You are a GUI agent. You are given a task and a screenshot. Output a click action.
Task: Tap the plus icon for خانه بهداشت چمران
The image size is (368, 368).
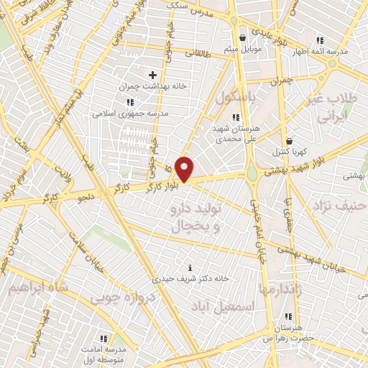click(x=152, y=75)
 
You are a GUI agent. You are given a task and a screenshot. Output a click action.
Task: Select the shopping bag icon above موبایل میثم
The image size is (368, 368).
click(x=243, y=37)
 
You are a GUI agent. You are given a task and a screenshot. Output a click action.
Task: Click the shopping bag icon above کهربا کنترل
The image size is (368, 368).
click(x=289, y=142)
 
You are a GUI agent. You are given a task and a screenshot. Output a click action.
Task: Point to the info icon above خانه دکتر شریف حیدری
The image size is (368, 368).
click(x=190, y=267)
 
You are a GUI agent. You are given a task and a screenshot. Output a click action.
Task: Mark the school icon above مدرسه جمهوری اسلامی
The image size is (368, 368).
click(x=130, y=102)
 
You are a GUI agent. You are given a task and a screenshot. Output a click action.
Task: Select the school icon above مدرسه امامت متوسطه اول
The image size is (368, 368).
click(x=103, y=338)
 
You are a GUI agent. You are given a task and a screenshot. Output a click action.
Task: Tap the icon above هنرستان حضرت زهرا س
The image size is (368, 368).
click(x=288, y=316)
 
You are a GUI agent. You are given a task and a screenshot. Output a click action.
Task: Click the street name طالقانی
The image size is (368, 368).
click(x=199, y=52)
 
